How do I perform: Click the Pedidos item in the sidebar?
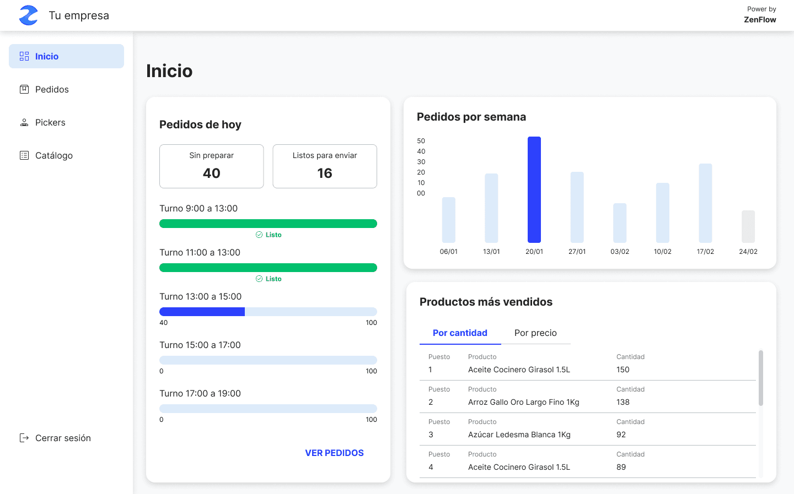click(52, 89)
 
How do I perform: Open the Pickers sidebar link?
click(50, 122)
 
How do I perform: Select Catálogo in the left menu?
click(53, 155)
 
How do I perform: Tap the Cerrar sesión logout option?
click(62, 438)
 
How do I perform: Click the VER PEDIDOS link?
click(334, 453)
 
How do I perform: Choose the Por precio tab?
click(535, 333)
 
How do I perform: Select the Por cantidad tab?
click(460, 333)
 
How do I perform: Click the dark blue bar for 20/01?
click(534, 189)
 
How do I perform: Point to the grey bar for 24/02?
click(748, 226)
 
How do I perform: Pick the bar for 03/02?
click(620, 223)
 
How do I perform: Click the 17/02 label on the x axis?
click(705, 252)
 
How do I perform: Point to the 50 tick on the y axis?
click(421, 141)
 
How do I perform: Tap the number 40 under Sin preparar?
click(212, 173)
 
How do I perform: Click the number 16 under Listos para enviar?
click(325, 173)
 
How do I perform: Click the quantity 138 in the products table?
click(623, 402)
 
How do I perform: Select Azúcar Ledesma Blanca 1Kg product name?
click(519, 435)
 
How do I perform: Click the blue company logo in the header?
click(29, 15)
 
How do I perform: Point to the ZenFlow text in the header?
click(760, 19)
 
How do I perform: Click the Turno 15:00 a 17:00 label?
click(200, 345)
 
